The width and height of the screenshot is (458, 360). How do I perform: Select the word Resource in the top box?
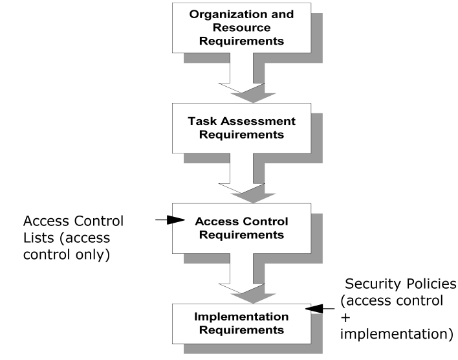click(241, 28)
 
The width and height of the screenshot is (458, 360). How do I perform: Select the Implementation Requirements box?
click(241, 323)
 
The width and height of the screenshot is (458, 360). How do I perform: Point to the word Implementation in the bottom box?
click(241, 317)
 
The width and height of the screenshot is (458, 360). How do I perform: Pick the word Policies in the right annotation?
click(427, 284)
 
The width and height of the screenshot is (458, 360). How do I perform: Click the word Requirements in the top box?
click(241, 41)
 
